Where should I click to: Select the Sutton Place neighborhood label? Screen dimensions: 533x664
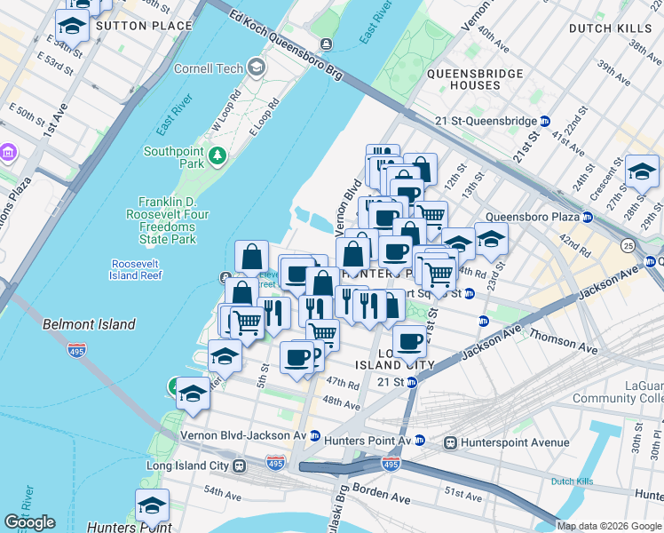(143, 26)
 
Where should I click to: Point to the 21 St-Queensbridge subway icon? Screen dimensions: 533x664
(545, 121)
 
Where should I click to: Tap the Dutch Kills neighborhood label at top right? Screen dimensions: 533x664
(603, 28)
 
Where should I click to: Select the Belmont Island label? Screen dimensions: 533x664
(89, 325)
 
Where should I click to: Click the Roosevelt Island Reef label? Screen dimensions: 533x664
(137, 269)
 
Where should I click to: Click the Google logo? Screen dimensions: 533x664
(29, 522)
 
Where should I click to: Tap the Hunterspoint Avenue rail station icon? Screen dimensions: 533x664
(451, 442)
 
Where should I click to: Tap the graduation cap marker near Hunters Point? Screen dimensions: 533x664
(153, 506)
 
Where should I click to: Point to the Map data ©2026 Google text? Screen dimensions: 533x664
(609, 526)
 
